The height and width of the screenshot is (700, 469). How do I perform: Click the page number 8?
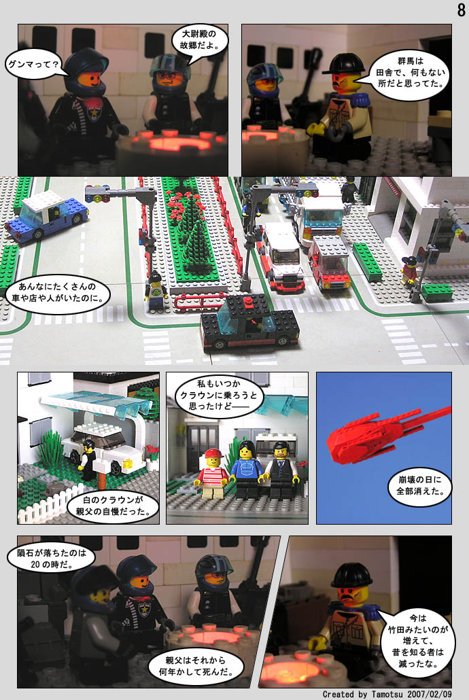click(x=461, y=10)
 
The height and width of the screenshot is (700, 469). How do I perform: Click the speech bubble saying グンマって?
click(x=34, y=65)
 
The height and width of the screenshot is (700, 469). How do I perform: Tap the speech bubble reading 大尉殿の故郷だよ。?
click(x=199, y=40)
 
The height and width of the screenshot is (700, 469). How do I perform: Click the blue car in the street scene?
click(x=47, y=216)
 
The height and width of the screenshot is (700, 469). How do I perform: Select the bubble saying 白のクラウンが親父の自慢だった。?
click(x=113, y=506)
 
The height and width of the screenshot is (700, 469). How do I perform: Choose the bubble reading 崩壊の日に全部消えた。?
click(x=420, y=486)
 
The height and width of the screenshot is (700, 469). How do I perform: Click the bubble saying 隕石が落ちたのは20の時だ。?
click(x=52, y=559)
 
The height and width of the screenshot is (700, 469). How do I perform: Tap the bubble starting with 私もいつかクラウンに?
click(x=218, y=395)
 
